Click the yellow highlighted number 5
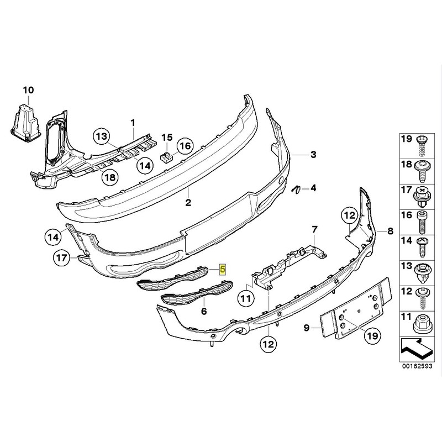coord(223,269)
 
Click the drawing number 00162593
coord(417,367)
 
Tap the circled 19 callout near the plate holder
coord(372,336)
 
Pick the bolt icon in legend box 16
coord(422,223)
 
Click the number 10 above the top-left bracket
coord(28,91)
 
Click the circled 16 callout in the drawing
coord(185,146)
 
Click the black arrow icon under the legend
coord(416,349)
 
